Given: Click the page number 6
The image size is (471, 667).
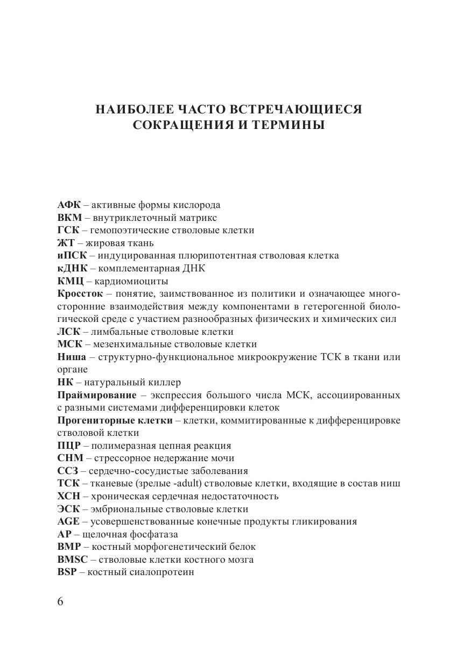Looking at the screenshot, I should coord(60,601).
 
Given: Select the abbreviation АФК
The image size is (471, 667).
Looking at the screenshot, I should coord(69,205).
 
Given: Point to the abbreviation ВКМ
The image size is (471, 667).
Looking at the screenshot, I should coord(70,218).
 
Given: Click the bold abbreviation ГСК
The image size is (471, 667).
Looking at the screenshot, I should coord(68,231).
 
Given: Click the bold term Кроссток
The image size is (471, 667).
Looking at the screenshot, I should coord(79,293).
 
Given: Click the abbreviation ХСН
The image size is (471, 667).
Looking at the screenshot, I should coord(69,497).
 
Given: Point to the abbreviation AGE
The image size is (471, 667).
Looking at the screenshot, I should coord(68,522).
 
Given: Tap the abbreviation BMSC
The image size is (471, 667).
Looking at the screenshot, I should coord(72,560).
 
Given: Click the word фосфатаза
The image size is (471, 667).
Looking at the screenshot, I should coord(151,535).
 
